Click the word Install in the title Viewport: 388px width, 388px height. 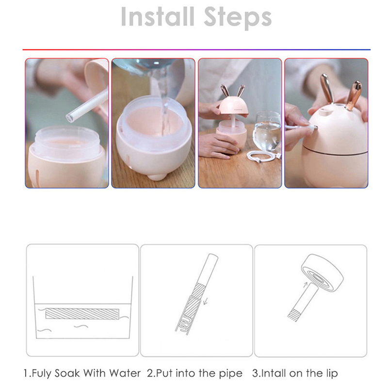tap(157, 16)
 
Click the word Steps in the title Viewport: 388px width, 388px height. tap(238, 18)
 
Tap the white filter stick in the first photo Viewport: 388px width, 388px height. tap(87, 105)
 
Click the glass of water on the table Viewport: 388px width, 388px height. tap(268, 131)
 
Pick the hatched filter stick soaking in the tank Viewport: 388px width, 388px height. tap(82, 313)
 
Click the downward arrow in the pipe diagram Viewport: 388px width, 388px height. tap(205, 301)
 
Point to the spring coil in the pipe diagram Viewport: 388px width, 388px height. tap(185, 323)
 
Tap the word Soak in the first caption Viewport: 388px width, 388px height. tap(67, 373)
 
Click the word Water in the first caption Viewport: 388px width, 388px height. tap(125, 373)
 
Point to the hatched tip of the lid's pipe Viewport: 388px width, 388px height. tap(294, 315)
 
